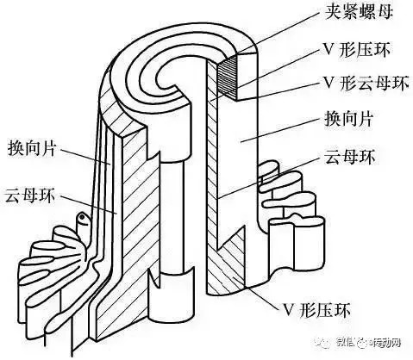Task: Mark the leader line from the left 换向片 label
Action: (86, 156)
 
